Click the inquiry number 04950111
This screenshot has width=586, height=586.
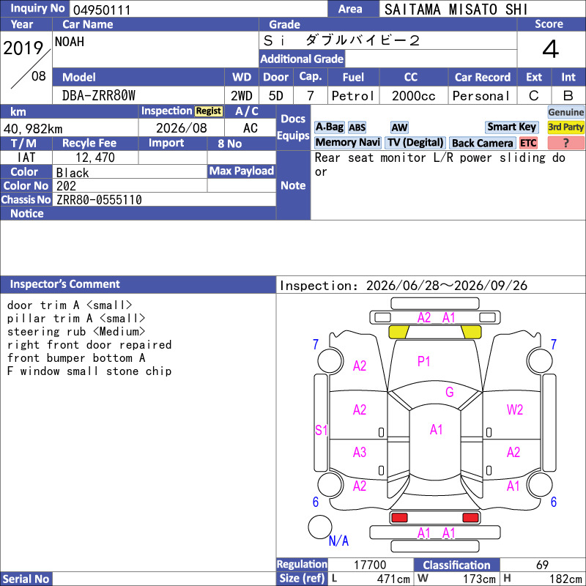(102, 10)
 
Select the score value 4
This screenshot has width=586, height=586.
(551, 49)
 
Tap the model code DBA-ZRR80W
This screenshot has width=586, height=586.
(99, 96)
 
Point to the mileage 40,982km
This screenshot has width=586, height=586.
(33, 129)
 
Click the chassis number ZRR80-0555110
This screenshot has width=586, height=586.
(99, 200)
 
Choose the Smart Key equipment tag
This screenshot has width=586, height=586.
(511, 127)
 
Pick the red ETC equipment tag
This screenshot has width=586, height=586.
(528, 143)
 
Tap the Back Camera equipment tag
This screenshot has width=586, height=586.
(482, 143)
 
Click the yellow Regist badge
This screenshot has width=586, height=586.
(209, 111)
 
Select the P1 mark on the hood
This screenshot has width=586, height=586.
(423, 361)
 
